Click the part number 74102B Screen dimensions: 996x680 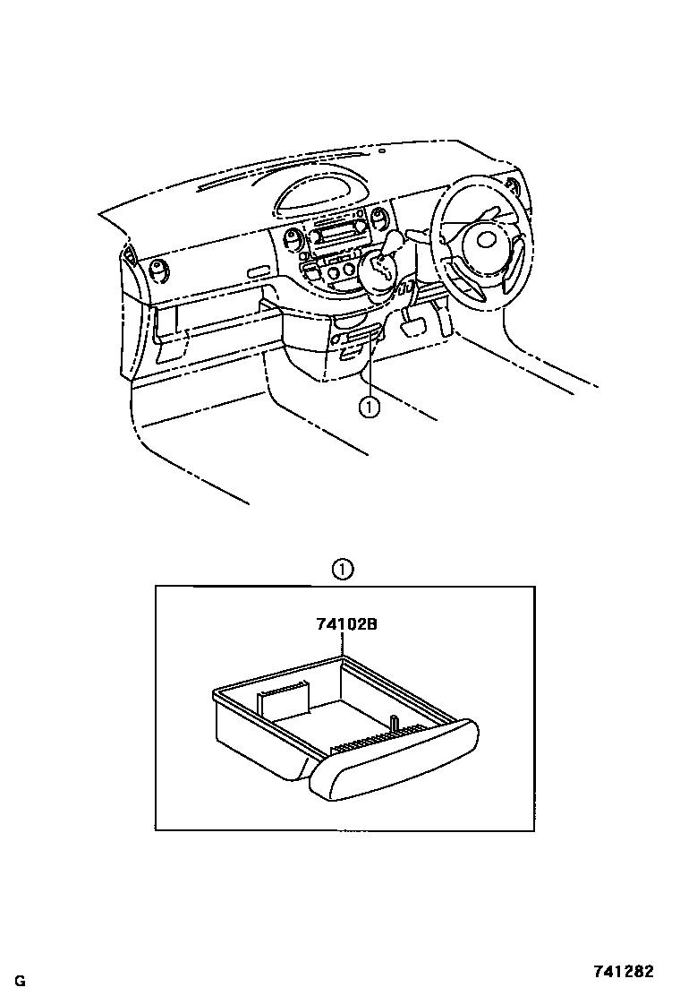(345, 625)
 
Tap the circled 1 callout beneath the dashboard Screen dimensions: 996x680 (368, 408)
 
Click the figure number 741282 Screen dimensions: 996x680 (624, 971)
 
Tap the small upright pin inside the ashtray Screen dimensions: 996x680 (395, 722)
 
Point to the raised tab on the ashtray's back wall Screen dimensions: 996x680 (283, 697)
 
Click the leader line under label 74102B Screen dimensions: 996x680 (344, 646)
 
